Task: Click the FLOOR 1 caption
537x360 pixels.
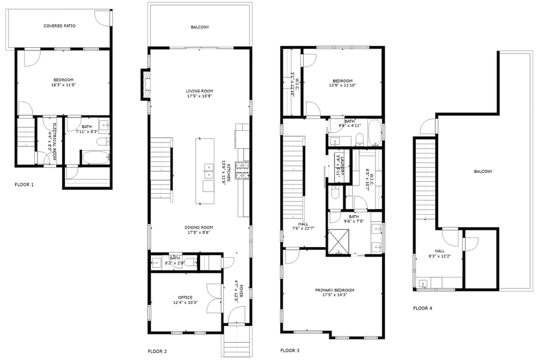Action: (x=24, y=184)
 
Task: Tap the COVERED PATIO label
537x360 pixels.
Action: (x=60, y=26)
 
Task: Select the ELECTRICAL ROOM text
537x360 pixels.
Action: (x=54, y=142)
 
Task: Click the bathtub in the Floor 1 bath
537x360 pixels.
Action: (x=96, y=158)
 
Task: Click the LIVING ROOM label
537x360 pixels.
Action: (x=200, y=91)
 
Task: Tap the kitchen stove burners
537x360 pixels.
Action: (x=242, y=170)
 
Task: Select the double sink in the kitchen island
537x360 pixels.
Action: (x=209, y=171)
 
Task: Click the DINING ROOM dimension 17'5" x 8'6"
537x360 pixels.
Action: (x=199, y=232)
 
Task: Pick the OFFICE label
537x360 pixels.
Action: (x=185, y=297)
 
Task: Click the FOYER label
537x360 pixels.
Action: (x=241, y=291)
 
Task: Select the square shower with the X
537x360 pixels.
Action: (x=338, y=241)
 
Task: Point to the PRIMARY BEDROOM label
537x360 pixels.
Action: (x=335, y=290)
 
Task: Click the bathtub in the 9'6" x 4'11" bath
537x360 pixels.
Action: (x=375, y=133)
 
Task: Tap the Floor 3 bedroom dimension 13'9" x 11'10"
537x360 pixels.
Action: (x=343, y=86)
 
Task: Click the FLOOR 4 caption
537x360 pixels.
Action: (x=422, y=308)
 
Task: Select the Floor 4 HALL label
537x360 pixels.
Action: (x=439, y=251)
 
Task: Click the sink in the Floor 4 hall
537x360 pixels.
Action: (x=423, y=284)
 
